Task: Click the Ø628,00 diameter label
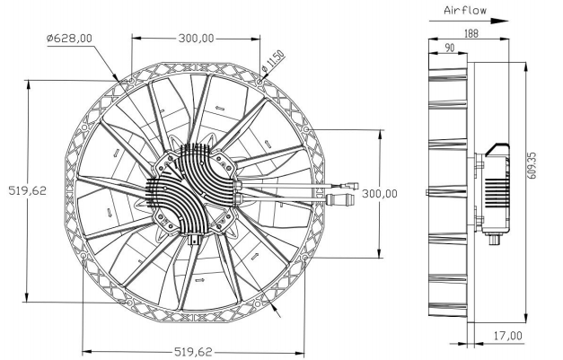pos(70,38)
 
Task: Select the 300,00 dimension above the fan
pos(195,39)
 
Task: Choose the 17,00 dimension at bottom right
pos(508,336)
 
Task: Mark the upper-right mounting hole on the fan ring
pos(260,81)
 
